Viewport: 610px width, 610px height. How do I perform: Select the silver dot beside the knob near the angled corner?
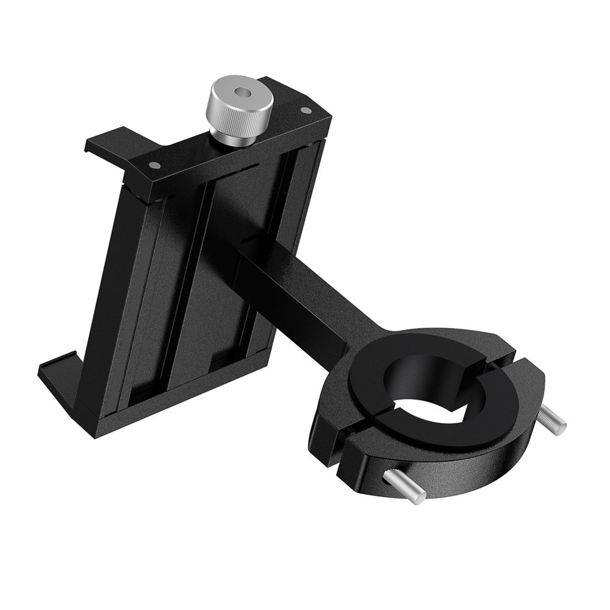(x=306, y=110)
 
